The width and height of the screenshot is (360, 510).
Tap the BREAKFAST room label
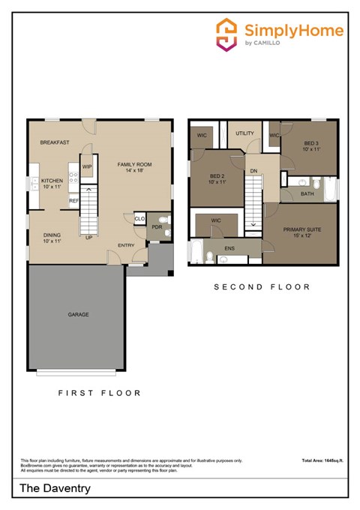coord(55,142)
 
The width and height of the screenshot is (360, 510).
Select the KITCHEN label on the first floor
coord(52,181)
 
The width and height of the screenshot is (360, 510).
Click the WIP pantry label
coord(87,166)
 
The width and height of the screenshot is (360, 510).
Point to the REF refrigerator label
coord(74,201)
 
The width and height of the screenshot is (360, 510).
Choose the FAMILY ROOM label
coord(135,164)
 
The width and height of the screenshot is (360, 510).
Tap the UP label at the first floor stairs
coord(88,238)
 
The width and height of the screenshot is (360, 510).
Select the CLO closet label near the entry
coord(139,219)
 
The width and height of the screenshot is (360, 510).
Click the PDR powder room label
coord(157,226)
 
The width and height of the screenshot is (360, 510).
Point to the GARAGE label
coord(78,314)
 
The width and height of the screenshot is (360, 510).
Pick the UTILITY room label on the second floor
coord(245,133)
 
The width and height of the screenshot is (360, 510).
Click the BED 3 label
coord(312,143)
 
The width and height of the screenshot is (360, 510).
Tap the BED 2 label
coord(217,177)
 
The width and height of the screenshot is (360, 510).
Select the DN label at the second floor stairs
coord(254,170)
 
